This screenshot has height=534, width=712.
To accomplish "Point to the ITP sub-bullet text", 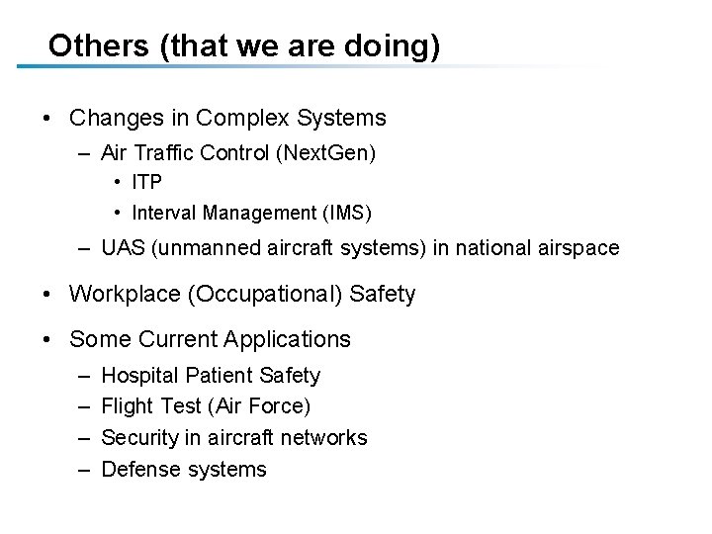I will pyautogui.click(x=146, y=183).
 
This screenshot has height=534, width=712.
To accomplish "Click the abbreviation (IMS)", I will pyautogui.click(x=346, y=213).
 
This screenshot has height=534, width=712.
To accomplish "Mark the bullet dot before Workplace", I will pyautogui.click(x=48, y=295).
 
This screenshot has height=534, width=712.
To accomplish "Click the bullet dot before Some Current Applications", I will pyautogui.click(x=48, y=340).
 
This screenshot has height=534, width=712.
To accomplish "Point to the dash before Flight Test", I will pyautogui.click(x=80, y=406).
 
